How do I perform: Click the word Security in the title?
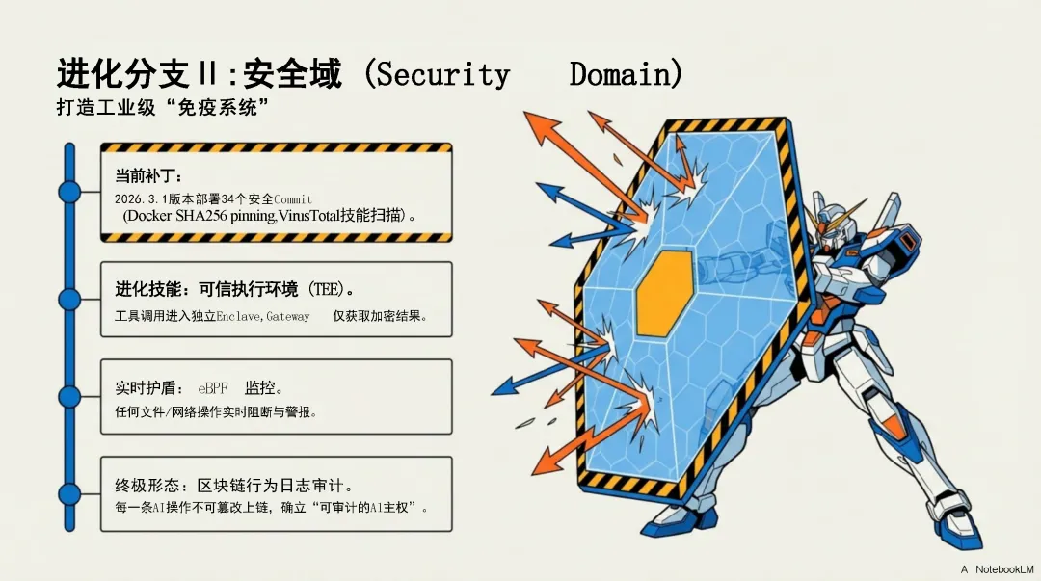[442, 75]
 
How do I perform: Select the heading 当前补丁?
[142, 175]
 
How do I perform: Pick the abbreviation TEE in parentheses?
[328, 289]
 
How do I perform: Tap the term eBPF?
[213, 388]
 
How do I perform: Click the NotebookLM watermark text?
[1002, 569]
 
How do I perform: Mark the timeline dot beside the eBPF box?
[69, 396]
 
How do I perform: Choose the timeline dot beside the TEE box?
[69, 299]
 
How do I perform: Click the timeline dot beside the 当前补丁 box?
[69, 191]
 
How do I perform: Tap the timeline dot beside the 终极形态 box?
[69, 493]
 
